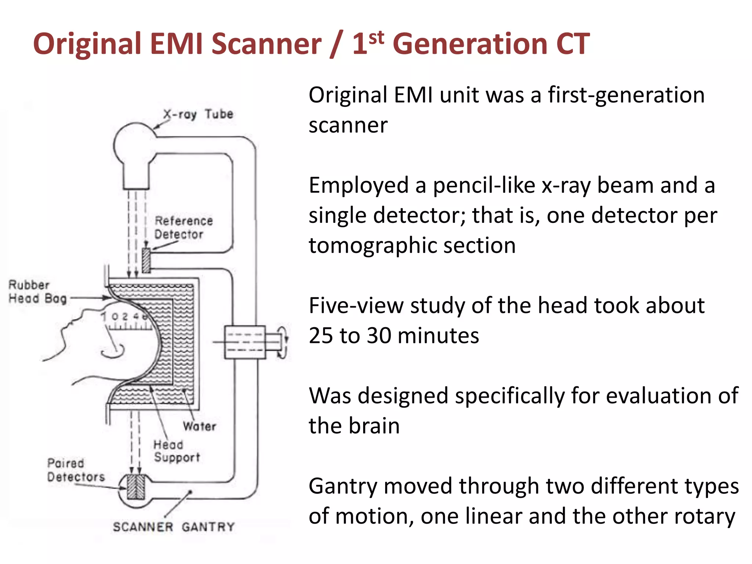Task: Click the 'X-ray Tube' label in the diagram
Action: click(198, 114)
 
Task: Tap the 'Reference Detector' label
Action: click(183, 228)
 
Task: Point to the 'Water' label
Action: click(199, 426)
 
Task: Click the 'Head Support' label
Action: click(176, 451)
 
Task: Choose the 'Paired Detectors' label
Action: click(75, 470)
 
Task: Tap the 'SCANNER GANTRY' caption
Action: click(173, 527)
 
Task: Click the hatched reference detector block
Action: click(146, 260)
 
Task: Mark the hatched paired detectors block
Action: click(135, 487)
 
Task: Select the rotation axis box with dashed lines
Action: click(245, 342)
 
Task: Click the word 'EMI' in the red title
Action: click(176, 44)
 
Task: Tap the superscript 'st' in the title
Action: click(376, 37)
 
